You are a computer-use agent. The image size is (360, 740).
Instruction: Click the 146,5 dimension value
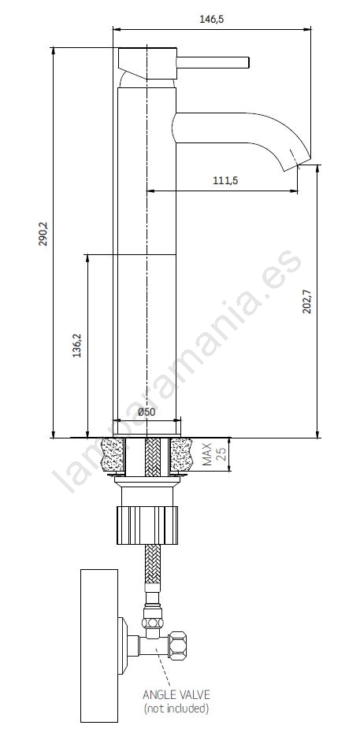[211, 20]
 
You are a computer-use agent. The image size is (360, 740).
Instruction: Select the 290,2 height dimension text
[43, 235]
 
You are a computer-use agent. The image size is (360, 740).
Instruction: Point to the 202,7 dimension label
[307, 302]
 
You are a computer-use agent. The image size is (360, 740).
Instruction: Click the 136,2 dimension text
[76, 346]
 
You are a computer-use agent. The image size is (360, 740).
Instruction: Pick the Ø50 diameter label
[147, 412]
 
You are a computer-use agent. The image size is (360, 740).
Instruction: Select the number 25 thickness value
[221, 454]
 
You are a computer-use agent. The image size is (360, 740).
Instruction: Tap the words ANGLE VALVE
[176, 694]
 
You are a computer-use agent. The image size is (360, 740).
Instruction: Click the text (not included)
[176, 708]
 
